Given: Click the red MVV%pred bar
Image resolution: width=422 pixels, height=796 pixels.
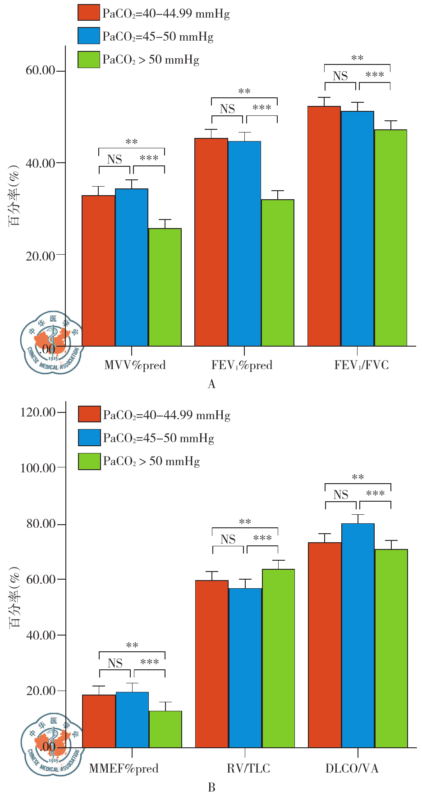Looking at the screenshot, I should (98, 270).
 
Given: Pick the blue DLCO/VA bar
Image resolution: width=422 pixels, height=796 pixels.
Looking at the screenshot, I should (358, 635).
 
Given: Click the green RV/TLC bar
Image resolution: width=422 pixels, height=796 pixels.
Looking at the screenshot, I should (278, 658).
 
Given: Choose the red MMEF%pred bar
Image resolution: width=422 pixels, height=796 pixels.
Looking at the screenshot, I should (99, 721).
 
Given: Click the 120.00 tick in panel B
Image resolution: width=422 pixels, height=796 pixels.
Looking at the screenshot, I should (38, 412).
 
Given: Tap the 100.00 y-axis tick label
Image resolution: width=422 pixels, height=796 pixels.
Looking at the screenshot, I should (38, 468).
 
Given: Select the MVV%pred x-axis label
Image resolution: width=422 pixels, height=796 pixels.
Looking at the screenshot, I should (135, 365).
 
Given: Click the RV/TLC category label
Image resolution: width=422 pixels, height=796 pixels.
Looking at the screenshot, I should (248, 768).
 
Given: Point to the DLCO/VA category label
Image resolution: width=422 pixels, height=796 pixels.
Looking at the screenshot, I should (352, 768).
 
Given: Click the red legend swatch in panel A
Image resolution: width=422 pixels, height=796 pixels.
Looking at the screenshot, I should (88, 13).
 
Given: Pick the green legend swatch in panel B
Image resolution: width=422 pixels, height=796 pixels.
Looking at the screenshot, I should (89, 461).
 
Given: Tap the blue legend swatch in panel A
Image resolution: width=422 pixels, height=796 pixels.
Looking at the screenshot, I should (88, 36).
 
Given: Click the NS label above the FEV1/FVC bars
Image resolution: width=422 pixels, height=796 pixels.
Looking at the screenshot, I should (340, 76).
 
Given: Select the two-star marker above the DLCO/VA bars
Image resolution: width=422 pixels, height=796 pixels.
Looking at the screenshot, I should (358, 477).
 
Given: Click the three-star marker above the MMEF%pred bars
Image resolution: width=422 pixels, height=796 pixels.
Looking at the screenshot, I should (150, 662).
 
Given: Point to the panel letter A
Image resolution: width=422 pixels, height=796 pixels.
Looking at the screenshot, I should (211, 384).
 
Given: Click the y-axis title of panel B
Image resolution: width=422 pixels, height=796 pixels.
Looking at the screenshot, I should (15, 597).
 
